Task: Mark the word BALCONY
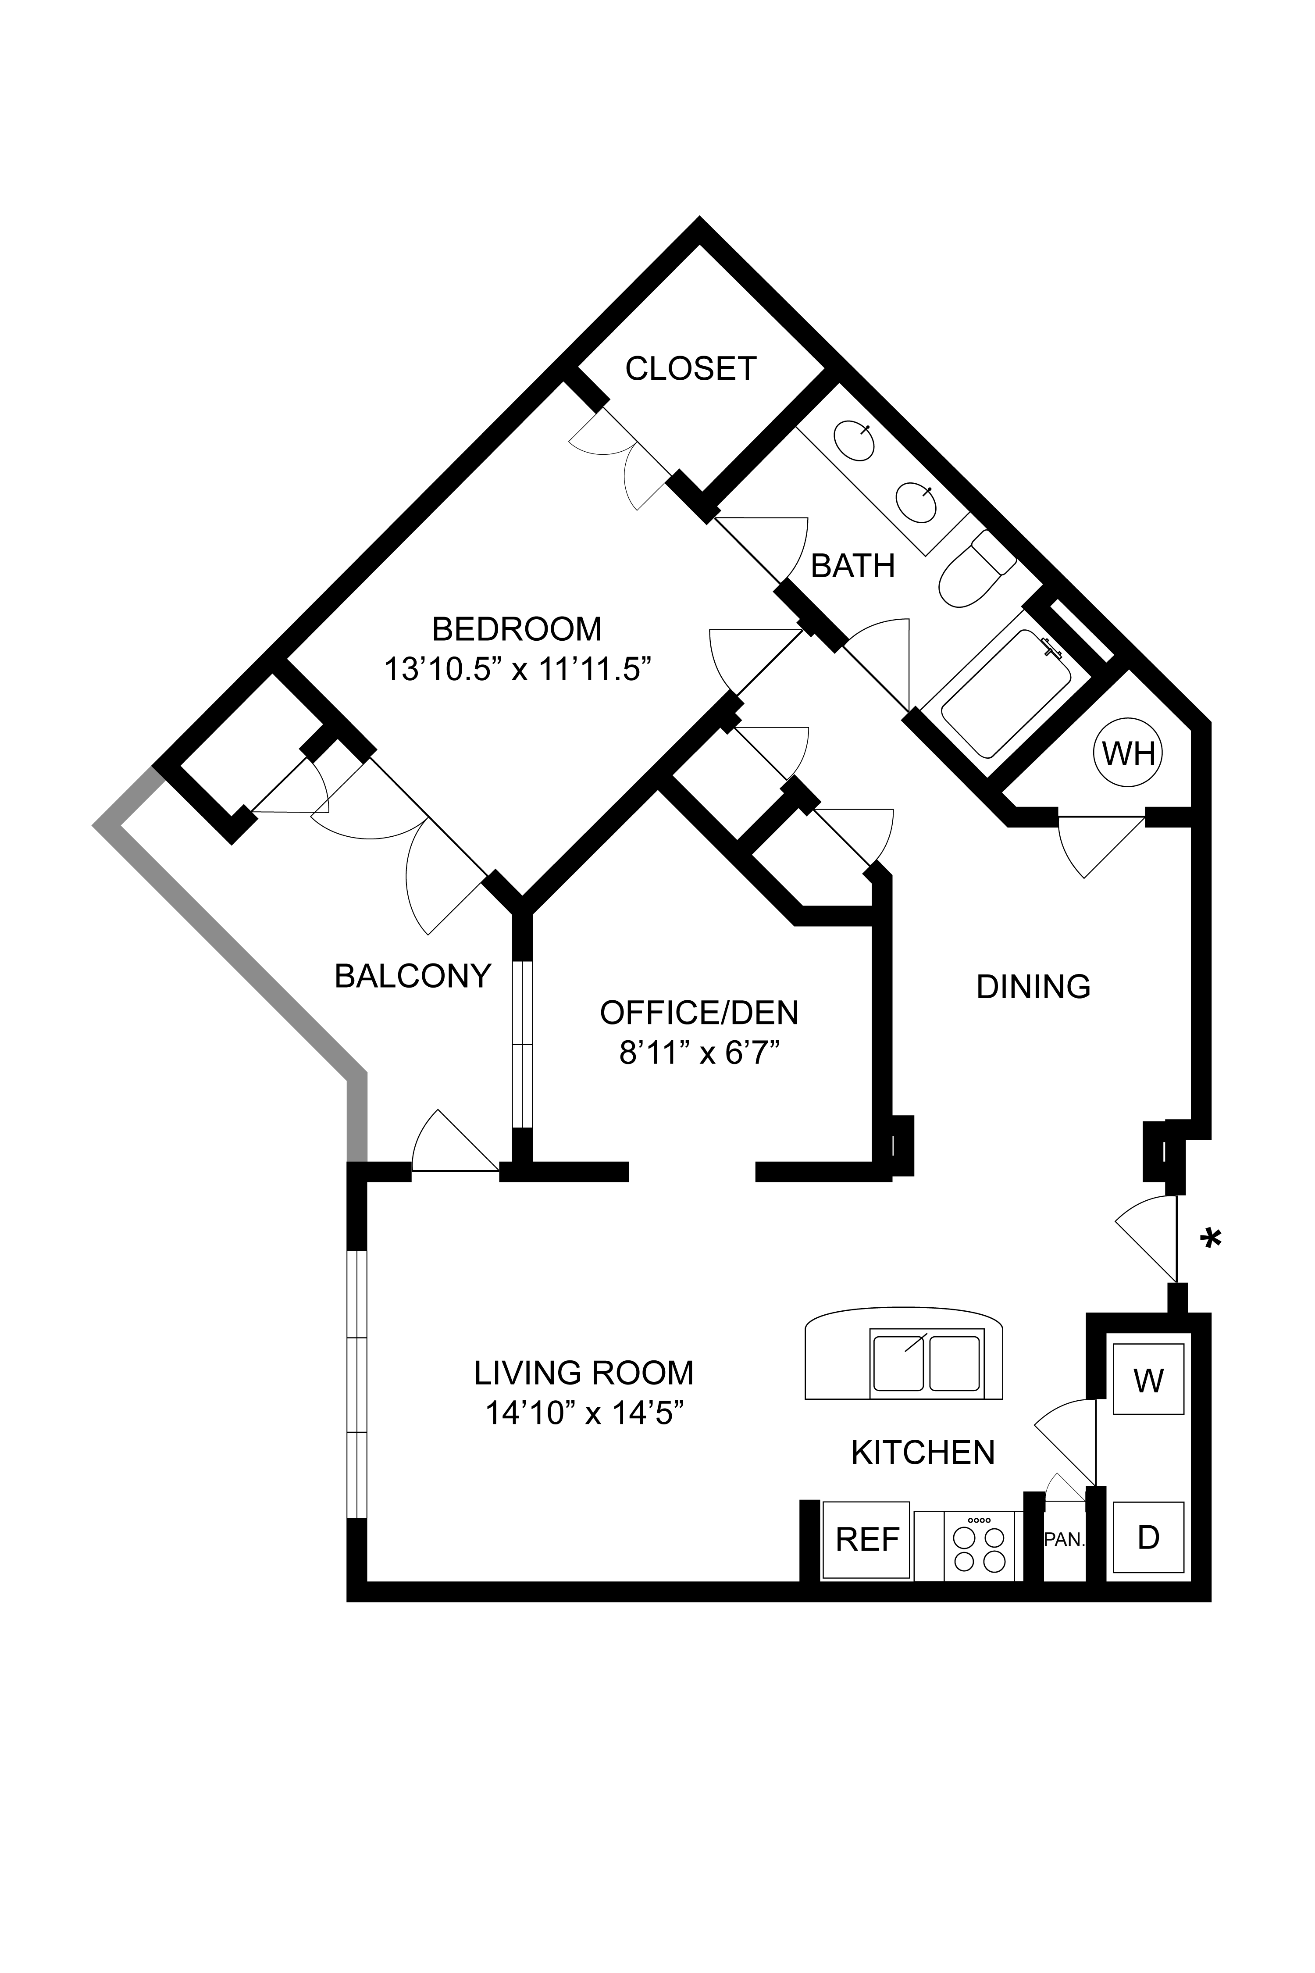click(413, 976)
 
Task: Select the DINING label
click(1033, 987)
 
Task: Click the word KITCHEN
click(923, 1452)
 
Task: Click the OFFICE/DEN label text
click(699, 1013)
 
